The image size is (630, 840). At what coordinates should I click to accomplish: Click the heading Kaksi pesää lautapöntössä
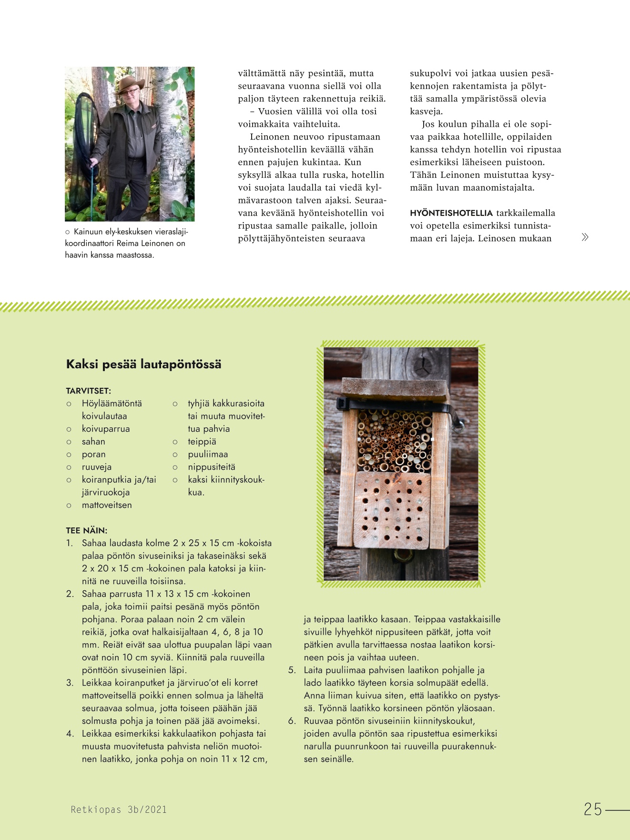point(143,364)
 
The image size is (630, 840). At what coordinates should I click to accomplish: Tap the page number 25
point(593,810)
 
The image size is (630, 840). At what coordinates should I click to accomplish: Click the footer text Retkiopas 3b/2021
point(119,810)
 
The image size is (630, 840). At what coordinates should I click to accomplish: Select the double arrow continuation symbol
point(585,237)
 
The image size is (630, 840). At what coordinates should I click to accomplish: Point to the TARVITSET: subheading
point(88,391)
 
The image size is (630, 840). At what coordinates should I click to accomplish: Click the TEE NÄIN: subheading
point(86,530)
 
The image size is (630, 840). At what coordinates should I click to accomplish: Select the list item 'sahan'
point(93,442)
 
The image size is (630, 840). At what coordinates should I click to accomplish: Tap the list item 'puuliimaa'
point(208,454)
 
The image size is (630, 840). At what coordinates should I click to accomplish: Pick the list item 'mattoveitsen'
point(107,505)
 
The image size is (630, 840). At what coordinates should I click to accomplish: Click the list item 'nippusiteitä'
point(211,467)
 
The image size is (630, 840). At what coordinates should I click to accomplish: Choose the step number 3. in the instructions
point(70,683)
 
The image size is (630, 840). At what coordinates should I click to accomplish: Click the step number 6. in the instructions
point(292,721)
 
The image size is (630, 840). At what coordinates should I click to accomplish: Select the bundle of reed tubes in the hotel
point(394,441)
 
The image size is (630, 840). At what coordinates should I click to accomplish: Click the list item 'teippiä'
point(202,442)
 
